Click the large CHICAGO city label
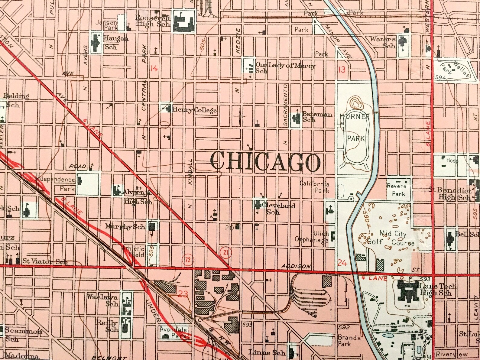(x=265, y=161)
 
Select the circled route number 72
(x=188, y=259)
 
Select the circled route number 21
(x=226, y=252)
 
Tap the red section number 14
(x=154, y=68)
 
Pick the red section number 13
(x=341, y=70)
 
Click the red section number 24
(x=342, y=263)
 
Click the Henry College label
(x=194, y=110)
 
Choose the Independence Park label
(x=60, y=183)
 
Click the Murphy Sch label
(x=125, y=226)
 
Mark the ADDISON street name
(x=296, y=266)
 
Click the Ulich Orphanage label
(x=312, y=237)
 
